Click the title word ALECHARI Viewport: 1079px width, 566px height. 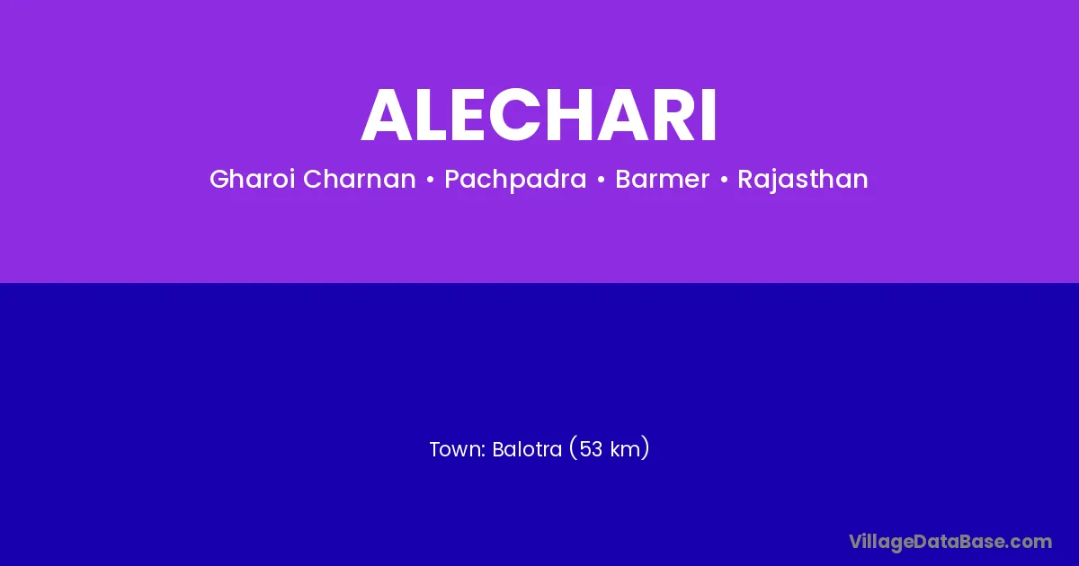tap(539, 115)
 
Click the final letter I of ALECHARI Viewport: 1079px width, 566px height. tap(709, 115)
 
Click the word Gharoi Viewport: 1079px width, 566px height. tap(252, 179)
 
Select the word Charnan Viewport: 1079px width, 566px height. tap(360, 179)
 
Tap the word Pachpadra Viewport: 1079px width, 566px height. tap(515, 180)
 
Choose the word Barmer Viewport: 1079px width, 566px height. tap(663, 179)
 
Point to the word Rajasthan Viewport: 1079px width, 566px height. tap(803, 180)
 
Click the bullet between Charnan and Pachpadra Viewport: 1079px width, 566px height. tap(430, 180)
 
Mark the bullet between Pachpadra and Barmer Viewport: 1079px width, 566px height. tap(601, 180)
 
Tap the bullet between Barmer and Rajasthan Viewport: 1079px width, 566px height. tap(724, 180)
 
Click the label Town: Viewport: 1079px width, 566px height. tap(457, 449)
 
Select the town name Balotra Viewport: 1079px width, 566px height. tap(527, 449)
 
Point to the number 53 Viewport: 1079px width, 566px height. tap(591, 449)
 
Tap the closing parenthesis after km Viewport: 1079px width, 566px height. tap(646, 448)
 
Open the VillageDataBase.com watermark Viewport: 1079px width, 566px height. tap(950, 542)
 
